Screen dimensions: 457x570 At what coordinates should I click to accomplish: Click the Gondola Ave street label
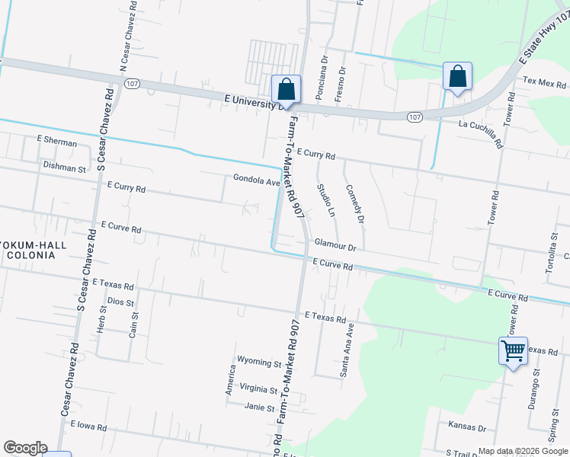[257, 181]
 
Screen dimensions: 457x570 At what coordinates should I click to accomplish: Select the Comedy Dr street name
[355, 203]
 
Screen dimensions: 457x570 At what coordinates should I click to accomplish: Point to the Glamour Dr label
[335, 247]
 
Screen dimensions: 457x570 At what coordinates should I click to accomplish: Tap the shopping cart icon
[514, 351]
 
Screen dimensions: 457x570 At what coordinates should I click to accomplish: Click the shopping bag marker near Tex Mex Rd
[457, 76]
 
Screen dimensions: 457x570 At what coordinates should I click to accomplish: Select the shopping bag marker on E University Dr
[287, 89]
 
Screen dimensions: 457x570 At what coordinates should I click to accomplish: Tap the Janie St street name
[259, 407]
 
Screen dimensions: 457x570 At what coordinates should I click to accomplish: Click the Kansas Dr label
[467, 428]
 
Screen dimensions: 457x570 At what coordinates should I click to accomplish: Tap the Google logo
[25, 448]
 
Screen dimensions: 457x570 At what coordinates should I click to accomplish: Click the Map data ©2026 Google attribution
[523, 451]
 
